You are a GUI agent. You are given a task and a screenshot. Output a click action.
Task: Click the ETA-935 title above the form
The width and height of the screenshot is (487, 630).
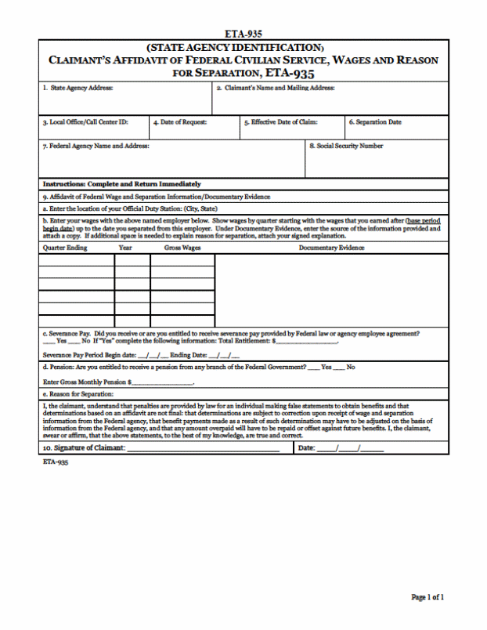tap(243, 34)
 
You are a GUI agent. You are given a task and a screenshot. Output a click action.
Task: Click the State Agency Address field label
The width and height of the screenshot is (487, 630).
tap(78, 89)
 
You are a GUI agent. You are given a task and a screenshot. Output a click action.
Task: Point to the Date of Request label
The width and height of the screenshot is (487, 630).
tap(179, 122)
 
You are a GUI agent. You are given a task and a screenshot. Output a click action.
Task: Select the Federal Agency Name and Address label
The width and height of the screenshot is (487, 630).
tap(96, 146)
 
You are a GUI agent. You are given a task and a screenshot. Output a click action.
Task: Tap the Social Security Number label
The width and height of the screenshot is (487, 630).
tap(346, 146)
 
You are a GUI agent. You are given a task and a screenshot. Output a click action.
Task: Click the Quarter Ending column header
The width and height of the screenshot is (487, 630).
tap(65, 248)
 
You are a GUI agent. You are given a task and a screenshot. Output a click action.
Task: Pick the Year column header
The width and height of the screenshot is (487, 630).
tap(125, 248)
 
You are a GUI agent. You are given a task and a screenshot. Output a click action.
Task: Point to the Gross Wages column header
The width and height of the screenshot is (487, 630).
tap(182, 248)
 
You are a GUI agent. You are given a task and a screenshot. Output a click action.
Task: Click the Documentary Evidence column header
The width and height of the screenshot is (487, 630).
tap(331, 248)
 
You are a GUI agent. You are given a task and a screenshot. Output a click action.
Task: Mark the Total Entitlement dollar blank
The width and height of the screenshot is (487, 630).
tap(305, 342)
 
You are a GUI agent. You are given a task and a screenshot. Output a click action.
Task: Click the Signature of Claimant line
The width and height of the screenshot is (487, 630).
tap(203, 448)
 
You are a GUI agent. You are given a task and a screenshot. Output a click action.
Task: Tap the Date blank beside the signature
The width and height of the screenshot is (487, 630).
tap(360, 448)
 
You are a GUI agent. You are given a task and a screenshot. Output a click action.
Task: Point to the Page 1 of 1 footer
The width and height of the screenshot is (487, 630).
tap(427, 598)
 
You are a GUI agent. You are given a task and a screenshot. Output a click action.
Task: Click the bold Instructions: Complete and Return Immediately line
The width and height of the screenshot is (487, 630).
tap(121, 184)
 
